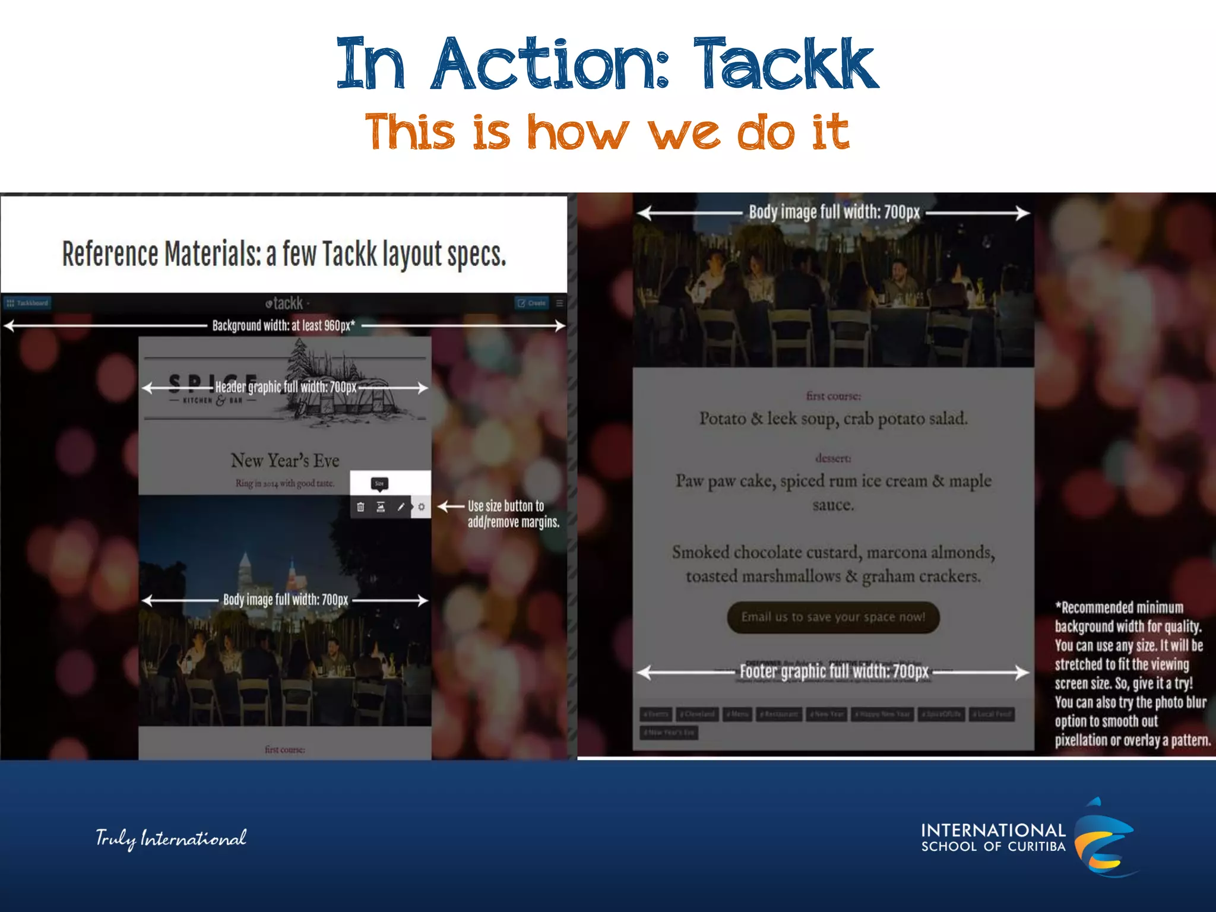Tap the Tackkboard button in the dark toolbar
click(27, 303)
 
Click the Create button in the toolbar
click(531, 303)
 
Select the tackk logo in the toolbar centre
click(285, 303)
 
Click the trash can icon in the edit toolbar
click(360, 506)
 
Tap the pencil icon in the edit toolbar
click(401, 506)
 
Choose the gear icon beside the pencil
click(421, 506)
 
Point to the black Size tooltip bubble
click(379, 483)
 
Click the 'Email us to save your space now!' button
click(833, 617)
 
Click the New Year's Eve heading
click(285, 460)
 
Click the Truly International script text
click(171, 838)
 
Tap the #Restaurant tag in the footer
click(779, 714)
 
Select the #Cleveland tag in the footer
click(697, 714)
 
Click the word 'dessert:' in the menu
click(833, 458)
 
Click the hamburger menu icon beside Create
click(559, 303)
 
